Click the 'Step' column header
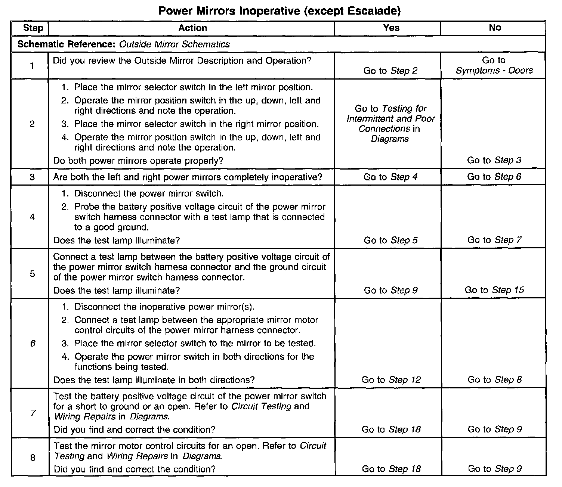(33, 28)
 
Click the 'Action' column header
(192, 28)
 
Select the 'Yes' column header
(391, 28)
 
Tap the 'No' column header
(495, 28)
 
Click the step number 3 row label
(32, 177)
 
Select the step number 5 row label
(32, 274)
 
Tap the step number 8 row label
(33, 457)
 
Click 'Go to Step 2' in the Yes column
(390, 71)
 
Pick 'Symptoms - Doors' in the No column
(494, 71)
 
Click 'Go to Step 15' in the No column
(494, 290)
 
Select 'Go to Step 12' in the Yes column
(391, 380)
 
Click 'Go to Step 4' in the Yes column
(390, 177)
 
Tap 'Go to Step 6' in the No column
(494, 177)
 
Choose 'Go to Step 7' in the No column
(494, 240)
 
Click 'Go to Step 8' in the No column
(494, 380)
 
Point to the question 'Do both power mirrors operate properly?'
(138, 161)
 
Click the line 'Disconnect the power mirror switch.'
(149, 194)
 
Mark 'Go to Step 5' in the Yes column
(390, 241)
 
